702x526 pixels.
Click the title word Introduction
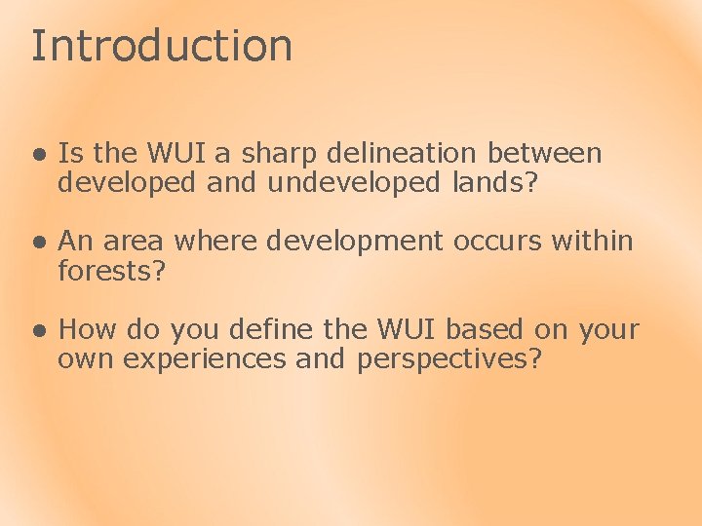pos(161,46)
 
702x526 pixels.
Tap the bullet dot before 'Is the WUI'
pos(37,154)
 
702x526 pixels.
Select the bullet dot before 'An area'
pos(37,242)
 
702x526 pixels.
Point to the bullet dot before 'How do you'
pos(37,331)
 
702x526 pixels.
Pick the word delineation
pos(403,153)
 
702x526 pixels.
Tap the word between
pos(545,153)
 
